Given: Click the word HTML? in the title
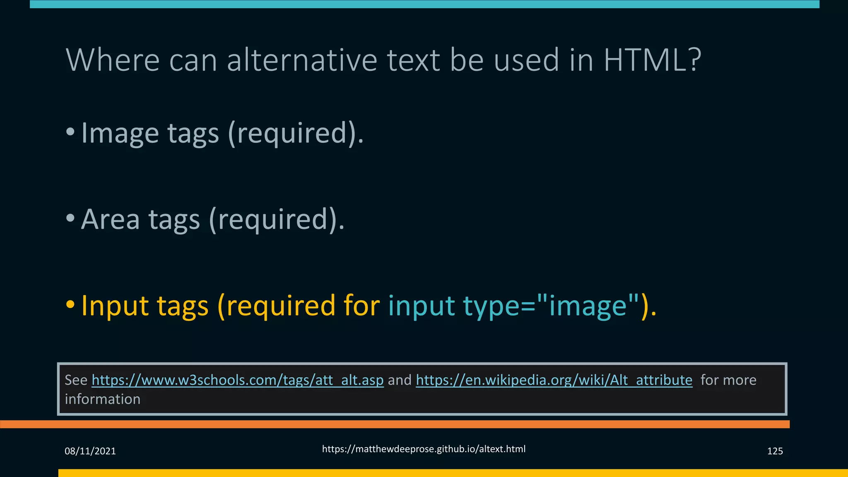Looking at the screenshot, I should (652, 60).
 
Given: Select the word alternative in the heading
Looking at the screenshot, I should (302, 60).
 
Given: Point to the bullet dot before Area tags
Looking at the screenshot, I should (70, 218).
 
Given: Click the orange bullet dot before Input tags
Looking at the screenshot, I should (70, 305).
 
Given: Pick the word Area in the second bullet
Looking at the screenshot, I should (111, 219).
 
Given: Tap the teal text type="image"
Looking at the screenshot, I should (550, 306).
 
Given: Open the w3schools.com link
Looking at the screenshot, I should (238, 380).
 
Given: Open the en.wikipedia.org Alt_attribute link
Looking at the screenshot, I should (554, 380).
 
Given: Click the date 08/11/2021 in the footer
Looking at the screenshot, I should (90, 451).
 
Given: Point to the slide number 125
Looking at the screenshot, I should (775, 451).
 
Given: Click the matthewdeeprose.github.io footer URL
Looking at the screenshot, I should (424, 449).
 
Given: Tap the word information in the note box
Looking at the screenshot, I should (103, 399).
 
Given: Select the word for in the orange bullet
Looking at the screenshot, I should (361, 306).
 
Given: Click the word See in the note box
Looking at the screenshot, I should (76, 380).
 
